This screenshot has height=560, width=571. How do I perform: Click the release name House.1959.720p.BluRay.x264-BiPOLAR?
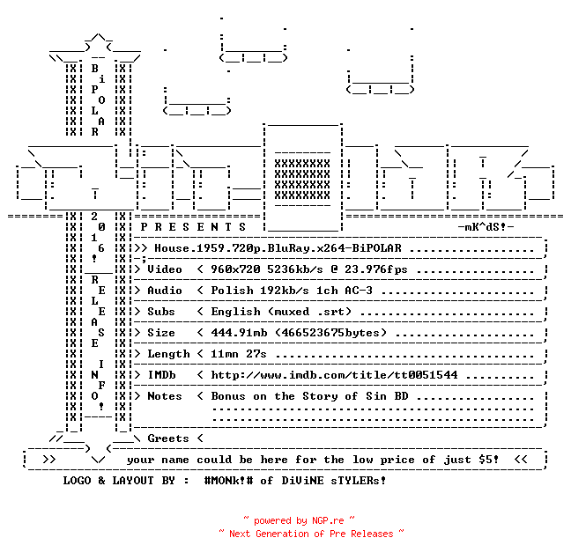(x=278, y=248)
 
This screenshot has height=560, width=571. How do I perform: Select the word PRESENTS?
(x=193, y=227)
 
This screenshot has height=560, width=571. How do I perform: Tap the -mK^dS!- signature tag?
(x=486, y=227)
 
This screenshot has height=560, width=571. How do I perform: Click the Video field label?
(x=165, y=269)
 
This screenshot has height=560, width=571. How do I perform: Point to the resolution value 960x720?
(x=235, y=269)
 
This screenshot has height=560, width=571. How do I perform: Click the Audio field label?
(x=165, y=291)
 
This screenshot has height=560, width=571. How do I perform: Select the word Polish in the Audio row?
(x=232, y=291)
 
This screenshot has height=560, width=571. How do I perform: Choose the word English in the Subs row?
(x=235, y=312)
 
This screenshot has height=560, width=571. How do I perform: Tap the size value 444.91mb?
(x=239, y=333)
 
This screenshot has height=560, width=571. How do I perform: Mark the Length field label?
(x=168, y=354)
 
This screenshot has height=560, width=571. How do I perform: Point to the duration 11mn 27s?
(x=239, y=354)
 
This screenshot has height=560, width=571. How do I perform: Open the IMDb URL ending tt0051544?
(x=334, y=375)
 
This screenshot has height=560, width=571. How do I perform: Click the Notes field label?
(x=165, y=396)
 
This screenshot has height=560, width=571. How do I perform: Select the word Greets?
(x=168, y=438)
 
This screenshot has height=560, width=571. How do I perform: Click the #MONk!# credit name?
(x=228, y=480)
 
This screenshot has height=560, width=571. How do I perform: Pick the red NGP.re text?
(x=328, y=520)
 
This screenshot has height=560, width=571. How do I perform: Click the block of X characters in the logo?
(x=302, y=180)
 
